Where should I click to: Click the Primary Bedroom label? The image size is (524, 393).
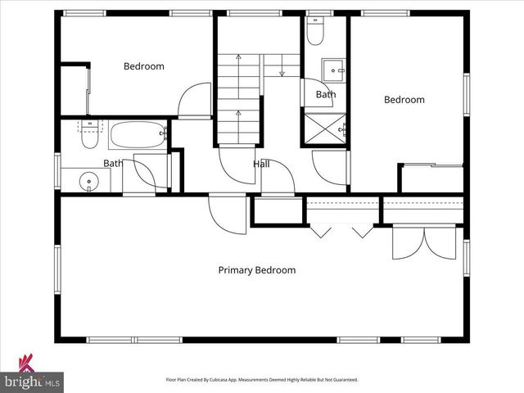point(256,270)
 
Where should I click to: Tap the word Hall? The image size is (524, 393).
point(261,165)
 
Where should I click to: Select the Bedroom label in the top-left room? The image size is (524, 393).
point(143,66)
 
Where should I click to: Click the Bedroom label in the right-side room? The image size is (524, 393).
point(404,100)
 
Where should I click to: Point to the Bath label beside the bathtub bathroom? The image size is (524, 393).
point(113,163)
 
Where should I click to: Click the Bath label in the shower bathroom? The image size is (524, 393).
point(326,95)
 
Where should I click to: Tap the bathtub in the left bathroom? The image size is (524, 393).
point(138,134)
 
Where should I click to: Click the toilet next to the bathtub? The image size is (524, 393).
point(91,133)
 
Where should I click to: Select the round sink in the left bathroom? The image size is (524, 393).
point(89,180)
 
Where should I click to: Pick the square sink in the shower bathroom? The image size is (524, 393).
point(332,69)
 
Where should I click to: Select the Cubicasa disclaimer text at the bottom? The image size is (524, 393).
point(262,380)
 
